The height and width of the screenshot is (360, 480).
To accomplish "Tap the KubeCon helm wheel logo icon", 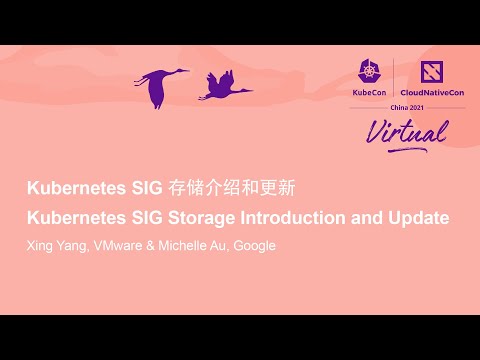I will pos(367,70).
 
